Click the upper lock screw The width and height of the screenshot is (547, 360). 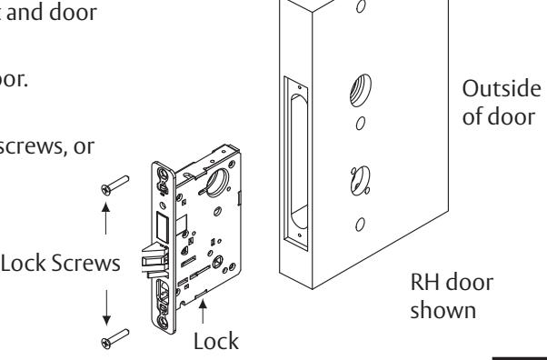coord(115,185)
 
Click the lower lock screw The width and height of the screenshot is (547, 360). coord(115,339)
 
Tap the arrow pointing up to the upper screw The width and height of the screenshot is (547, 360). coord(105,218)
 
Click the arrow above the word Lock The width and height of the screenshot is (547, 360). coord(203,312)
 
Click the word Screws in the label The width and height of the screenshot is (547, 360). coord(85,264)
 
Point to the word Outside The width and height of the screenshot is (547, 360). coord(502,89)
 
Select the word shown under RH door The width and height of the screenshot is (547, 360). coord(443,310)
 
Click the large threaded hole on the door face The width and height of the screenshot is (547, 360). coord(361,90)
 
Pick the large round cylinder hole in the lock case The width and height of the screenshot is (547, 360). coord(218,182)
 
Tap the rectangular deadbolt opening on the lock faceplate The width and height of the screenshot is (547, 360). coord(163,227)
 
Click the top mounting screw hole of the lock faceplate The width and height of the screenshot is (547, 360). coord(163,174)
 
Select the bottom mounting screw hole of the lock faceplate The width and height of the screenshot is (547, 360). coord(163,321)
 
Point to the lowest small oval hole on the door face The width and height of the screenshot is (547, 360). coord(361,225)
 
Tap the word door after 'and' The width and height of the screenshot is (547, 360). coord(74,13)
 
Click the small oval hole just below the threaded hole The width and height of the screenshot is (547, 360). coord(361,124)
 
